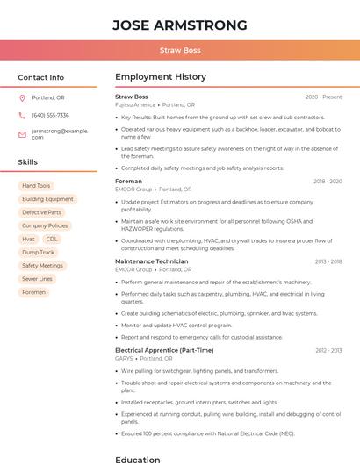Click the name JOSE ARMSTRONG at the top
pyautogui.click(x=180, y=25)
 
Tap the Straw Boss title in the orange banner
pyautogui.click(x=180, y=50)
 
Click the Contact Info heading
pyautogui.click(x=40, y=77)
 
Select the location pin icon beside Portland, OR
pyautogui.click(x=22, y=97)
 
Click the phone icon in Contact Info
pyautogui.click(x=22, y=115)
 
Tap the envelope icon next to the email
pyautogui.click(x=22, y=133)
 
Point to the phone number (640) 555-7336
pyautogui.click(x=50, y=115)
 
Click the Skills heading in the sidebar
pyautogui.click(x=27, y=162)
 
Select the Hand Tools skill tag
pyautogui.click(x=36, y=186)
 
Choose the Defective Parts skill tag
pyautogui.click(x=42, y=212)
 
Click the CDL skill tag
pyautogui.click(x=52, y=239)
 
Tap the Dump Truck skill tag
pyautogui.click(x=38, y=252)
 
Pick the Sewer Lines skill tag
pyautogui.click(x=37, y=279)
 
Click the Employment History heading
pyautogui.click(x=161, y=77)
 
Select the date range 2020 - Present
pyautogui.click(x=323, y=97)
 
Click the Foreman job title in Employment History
pyautogui.click(x=128, y=182)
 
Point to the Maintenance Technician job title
pyautogui.click(x=151, y=261)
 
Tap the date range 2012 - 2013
pyautogui.click(x=328, y=350)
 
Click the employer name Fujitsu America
pyautogui.click(x=134, y=104)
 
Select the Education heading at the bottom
pyautogui.click(x=138, y=459)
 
